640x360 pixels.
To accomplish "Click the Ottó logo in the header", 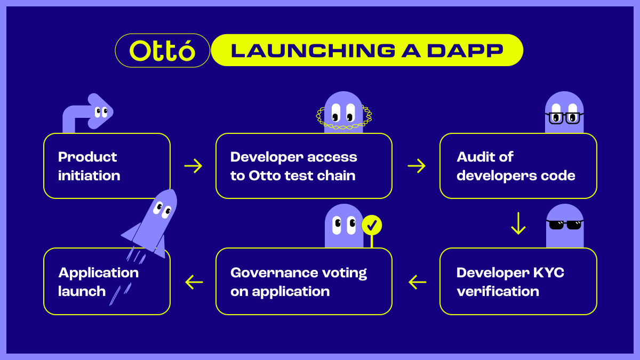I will (162, 51).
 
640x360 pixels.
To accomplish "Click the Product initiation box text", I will (89, 166).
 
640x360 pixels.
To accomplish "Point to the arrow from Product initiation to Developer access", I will (193, 166).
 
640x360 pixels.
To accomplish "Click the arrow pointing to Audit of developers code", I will (417, 166).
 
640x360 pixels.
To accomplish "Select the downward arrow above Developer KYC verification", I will (518, 223).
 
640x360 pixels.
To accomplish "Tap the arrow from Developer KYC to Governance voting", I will (418, 282).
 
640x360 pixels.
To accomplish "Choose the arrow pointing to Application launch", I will (194, 282).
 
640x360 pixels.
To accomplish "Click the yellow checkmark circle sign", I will (372, 226).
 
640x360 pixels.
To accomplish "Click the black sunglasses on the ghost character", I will (565, 225).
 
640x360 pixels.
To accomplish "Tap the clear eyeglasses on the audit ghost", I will (564, 117).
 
